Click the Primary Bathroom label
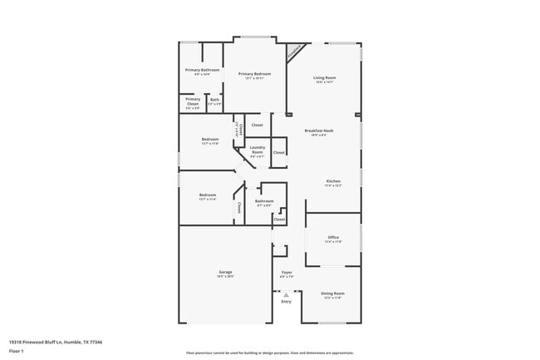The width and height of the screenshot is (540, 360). tap(202, 70)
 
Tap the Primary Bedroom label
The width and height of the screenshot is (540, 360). tap(255, 74)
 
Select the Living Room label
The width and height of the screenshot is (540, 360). tap(324, 77)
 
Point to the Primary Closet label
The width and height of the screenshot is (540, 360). tap(192, 101)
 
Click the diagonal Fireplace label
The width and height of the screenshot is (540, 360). tap(294, 53)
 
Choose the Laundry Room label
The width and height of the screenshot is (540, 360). tap(258, 150)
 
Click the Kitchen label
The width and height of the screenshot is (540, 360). tap(333, 180)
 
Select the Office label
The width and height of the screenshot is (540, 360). tap(333, 237)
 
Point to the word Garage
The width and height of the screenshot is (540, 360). tap(225, 272)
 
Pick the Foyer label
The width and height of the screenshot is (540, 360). tap(287, 272)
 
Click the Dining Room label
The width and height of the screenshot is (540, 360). tap(333, 293)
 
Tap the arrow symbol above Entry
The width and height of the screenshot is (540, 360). tap(287, 294)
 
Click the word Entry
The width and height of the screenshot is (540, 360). tap(287, 302)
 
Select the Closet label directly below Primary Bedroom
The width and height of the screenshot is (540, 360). tap(257, 125)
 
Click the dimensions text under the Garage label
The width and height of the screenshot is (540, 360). tap(225, 277)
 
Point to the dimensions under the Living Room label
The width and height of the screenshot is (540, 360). tap(324, 82)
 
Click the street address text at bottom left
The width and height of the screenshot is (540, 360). tap(56, 342)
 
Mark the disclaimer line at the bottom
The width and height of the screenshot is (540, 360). tap(269, 353)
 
